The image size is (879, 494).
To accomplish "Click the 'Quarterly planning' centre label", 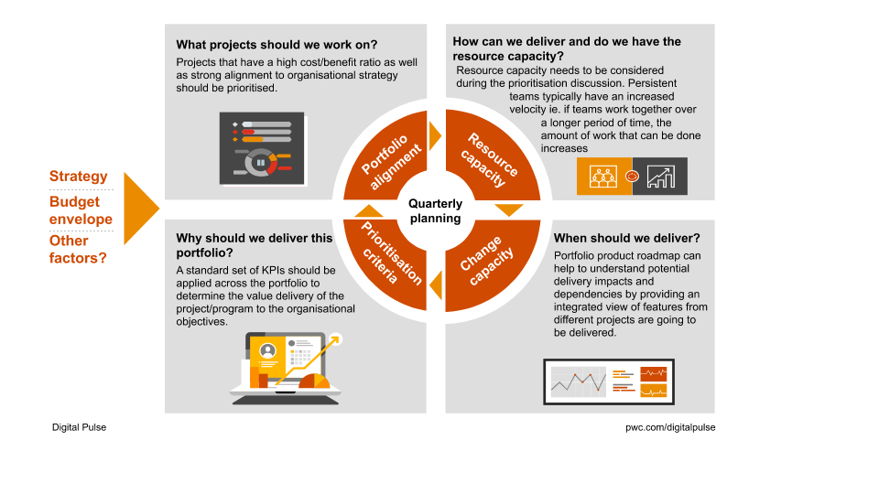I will coord(435,211).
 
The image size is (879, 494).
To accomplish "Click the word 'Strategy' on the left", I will coord(78,177).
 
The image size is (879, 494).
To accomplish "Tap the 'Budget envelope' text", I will coord(81,210).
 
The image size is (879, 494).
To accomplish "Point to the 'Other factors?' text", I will coord(78,249).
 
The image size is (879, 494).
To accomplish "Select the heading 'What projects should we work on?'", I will coord(277,44).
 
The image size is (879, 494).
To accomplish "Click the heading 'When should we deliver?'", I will coord(626,238).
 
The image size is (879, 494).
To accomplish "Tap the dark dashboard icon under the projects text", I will coord(262,147).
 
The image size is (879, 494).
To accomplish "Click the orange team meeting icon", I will coord(603,176).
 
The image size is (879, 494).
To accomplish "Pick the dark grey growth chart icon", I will coord(659,176).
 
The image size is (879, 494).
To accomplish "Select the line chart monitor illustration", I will coord(610,381).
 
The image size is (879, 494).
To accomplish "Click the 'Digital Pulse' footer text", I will coord(79,427).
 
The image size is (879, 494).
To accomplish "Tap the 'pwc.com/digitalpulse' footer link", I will coord(670,427).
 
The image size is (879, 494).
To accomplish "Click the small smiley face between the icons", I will coord(632,176).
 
